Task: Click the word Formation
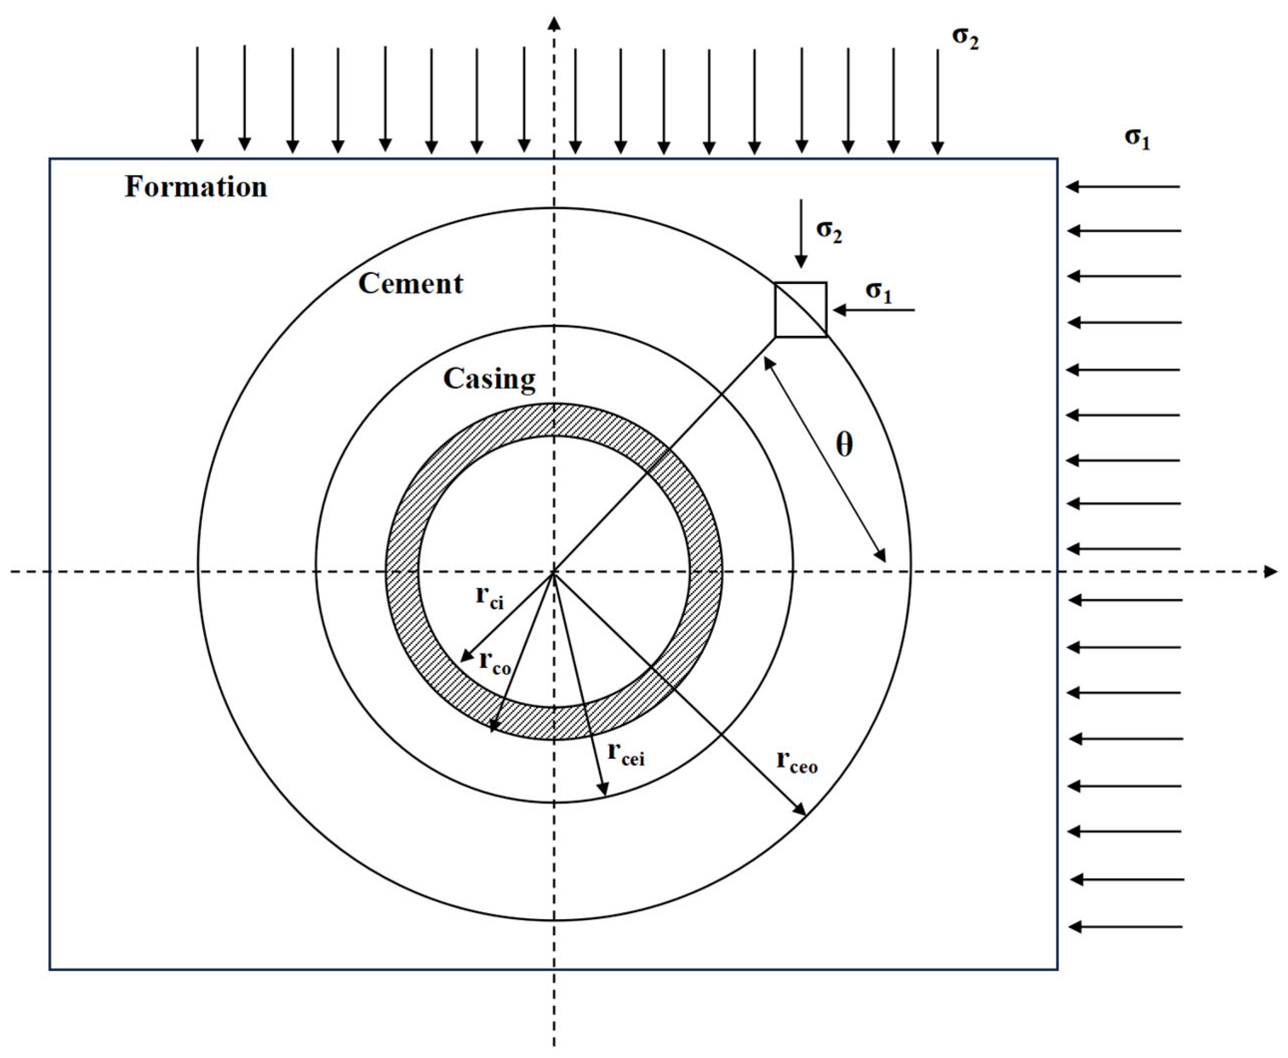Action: pyautogui.click(x=196, y=187)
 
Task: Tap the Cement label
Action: pyautogui.click(x=410, y=284)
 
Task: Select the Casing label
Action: pyautogui.click(x=489, y=379)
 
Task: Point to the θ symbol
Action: pyautogui.click(x=844, y=445)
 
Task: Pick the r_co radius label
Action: pyautogui.click(x=495, y=662)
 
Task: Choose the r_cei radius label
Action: pyautogui.click(x=626, y=754)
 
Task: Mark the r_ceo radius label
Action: pyautogui.click(x=797, y=762)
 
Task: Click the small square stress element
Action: pyautogui.click(x=800, y=309)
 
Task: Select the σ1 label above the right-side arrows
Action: pyautogui.click(x=1137, y=138)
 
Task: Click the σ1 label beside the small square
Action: pyautogui.click(x=878, y=292)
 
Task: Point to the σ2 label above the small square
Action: pyautogui.click(x=829, y=231)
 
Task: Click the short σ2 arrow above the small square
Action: pyautogui.click(x=801, y=234)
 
